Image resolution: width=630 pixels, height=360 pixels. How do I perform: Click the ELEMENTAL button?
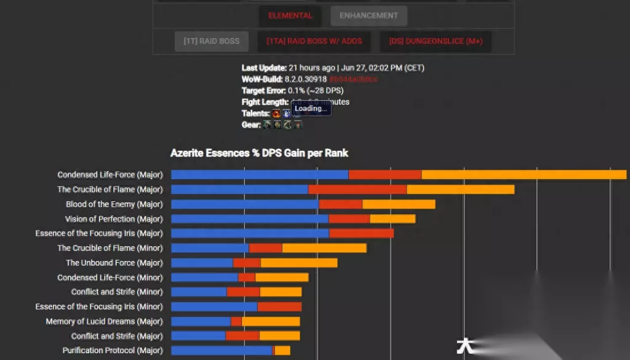(x=290, y=15)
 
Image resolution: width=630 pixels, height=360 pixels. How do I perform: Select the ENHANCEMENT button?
(x=369, y=15)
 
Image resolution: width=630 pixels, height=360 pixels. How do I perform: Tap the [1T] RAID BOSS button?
(x=211, y=41)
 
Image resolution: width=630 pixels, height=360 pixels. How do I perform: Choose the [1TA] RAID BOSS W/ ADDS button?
(x=314, y=41)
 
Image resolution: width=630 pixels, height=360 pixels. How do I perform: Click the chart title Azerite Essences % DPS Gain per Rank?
(x=259, y=153)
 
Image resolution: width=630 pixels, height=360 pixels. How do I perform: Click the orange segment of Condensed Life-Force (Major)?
(x=524, y=175)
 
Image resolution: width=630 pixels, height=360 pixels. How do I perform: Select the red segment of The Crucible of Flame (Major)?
(x=357, y=190)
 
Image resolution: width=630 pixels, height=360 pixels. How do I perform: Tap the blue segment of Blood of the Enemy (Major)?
(x=245, y=204)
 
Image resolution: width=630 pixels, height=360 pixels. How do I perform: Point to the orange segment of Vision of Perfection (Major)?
(x=393, y=219)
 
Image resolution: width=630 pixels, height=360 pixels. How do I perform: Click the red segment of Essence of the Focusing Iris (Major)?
(x=361, y=233)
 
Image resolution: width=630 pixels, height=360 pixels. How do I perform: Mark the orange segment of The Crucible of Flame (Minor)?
(x=324, y=248)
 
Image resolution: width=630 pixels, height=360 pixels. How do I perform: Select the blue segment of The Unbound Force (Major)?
(x=202, y=263)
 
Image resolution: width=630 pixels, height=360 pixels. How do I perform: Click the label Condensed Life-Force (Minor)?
(x=110, y=278)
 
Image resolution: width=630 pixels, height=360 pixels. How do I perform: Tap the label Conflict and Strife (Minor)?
(x=117, y=292)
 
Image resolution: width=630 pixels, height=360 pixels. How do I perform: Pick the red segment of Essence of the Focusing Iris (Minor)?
(x=279, y=306)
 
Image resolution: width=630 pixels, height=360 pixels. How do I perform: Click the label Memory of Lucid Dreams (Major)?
(x=104, y=321)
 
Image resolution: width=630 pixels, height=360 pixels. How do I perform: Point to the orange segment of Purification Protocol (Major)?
(x=282, y=351)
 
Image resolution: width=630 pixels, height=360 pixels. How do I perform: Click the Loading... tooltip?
(x=311, y=109)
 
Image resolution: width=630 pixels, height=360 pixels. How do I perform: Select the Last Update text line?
(x=332, y=68)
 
